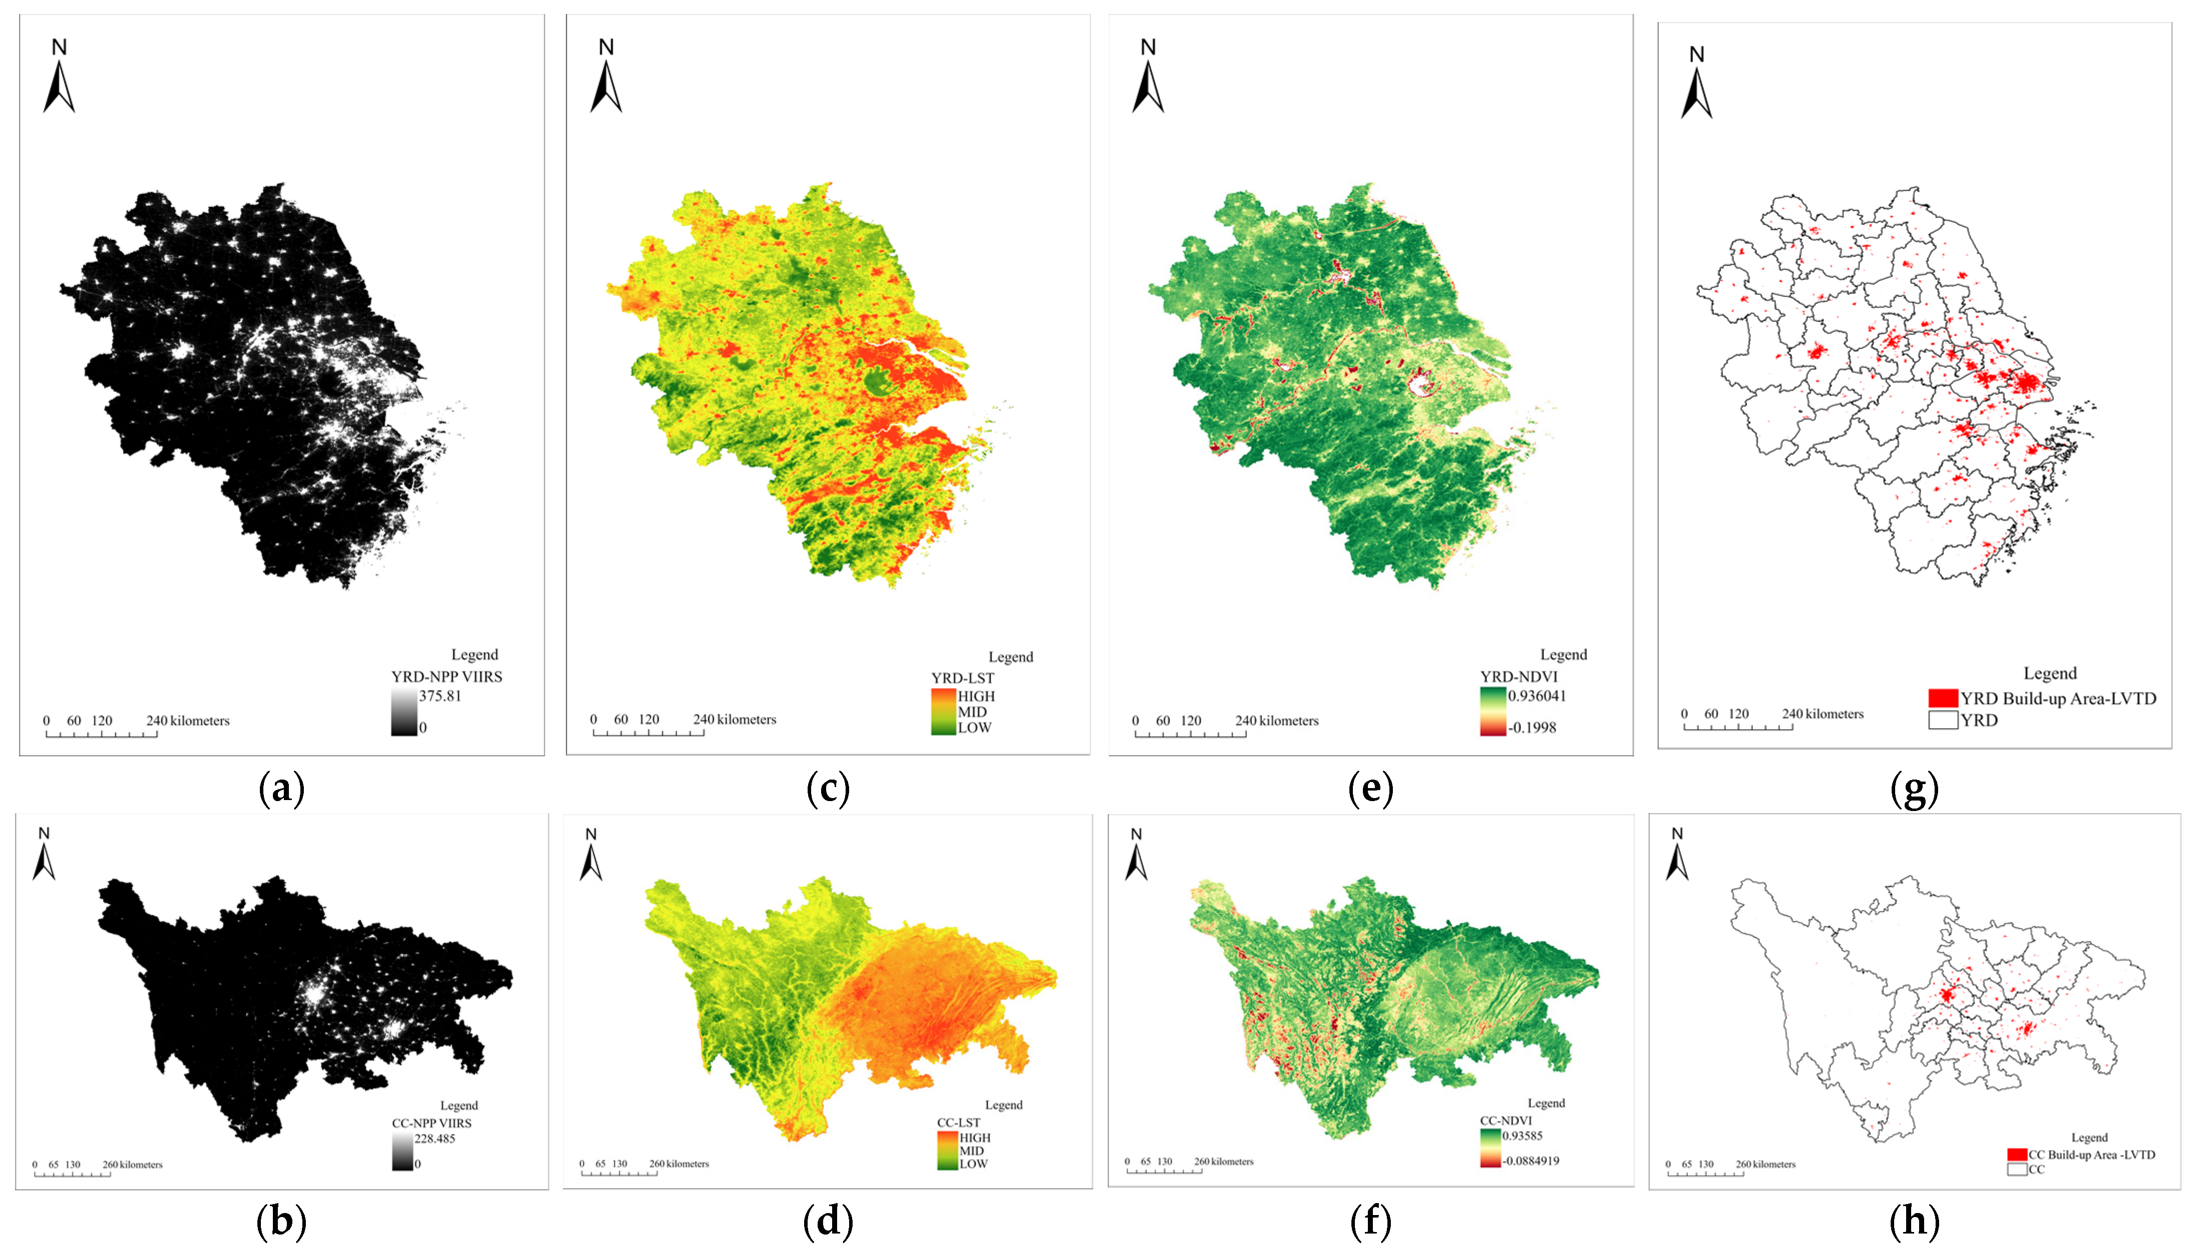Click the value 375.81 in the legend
tap(440, 696)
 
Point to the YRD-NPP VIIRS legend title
tap(447, 677)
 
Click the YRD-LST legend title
tap(963, 678)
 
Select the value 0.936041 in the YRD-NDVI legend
tap(1537, 696)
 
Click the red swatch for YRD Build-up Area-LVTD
tap(1943, 698)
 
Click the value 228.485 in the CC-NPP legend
tap(435, 1139)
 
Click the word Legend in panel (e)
tap(1563, 655)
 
